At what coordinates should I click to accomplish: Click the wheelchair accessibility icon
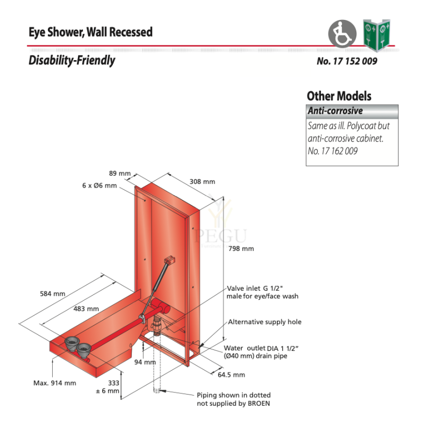click(x=342, y=34)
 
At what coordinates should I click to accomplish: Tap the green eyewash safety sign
click(x=377, y=35)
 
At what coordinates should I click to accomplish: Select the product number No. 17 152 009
click(x=347, y=61)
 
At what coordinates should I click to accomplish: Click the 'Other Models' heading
click(x=339, y=96)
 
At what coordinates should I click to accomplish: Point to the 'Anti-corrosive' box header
click(x=352, y=111)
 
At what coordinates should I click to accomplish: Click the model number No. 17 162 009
click(x=333, y=151)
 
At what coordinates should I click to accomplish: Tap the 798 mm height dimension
click(x=241, y=249)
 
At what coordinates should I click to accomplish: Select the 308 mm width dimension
click(x=203, y=182)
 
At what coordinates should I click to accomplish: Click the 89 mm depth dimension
click(x=120, y=173)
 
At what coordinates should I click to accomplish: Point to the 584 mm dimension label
click(x=53, y=293)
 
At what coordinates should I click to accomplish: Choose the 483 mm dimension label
click(x=86, y=309)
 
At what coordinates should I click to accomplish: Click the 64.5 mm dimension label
click(x=232, y=375)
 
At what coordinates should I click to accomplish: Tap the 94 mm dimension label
click(x=145, y=362)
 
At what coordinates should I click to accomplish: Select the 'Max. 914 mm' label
click(x=55, y=383)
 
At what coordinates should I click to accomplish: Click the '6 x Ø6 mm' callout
click(x=99, y=185)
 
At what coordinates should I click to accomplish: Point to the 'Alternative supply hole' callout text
click(x=264, y=321)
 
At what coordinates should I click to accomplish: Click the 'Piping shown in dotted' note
click(x=234, y=395)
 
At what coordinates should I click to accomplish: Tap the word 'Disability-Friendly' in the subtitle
click(x=72, y=60)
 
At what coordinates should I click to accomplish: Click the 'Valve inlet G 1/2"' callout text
click(x=254, y=288)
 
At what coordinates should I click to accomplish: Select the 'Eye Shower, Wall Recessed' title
click(x=90, y=32)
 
